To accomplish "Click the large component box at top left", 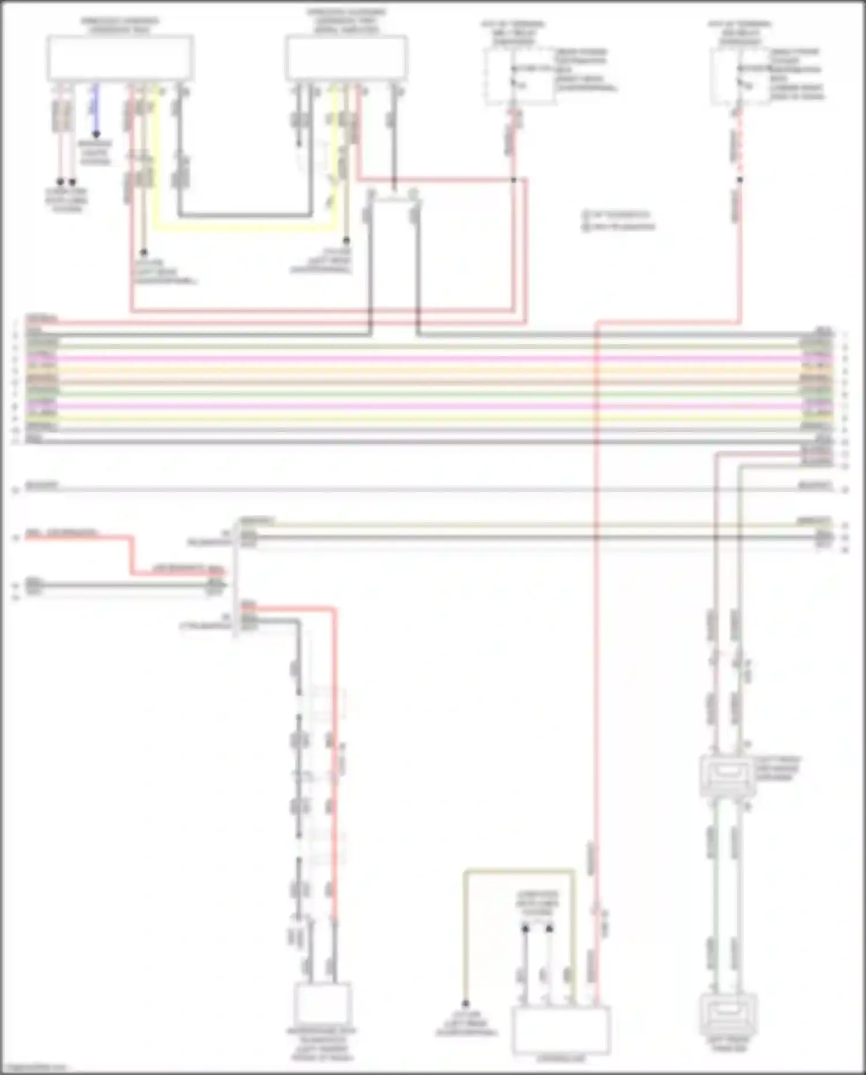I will pyautogui.click(x=120, y=58).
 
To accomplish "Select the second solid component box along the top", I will pyautogui.click(x=346, y=58).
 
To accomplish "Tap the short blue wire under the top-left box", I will pyautogui.click(x=96, y=110).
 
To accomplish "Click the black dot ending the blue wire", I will pyautogui.click(x=96, y=135).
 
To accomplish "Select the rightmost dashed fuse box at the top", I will pyautogui.click(x=740, y=77).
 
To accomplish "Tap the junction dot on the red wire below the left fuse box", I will pyautogui.click(x=513, y=180).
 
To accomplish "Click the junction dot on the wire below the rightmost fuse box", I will pyautogui.click(x=740, y=180).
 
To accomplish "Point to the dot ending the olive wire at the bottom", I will pyautogui.click(x=465, y=1004).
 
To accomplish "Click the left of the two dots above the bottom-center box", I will pyautogui.click(x=525, y=929).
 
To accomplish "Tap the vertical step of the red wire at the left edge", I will pyautogui.click(x=132, y=555).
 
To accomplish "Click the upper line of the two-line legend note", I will pyautogui.click(x=618, y=214).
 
